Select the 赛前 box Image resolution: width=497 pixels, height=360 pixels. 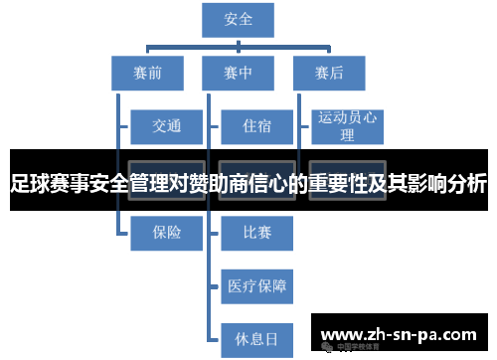148,73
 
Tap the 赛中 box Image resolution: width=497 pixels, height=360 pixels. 239,73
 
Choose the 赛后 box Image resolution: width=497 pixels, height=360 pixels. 329,73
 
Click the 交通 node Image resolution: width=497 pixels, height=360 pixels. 166,126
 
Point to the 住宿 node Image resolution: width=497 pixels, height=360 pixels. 256,126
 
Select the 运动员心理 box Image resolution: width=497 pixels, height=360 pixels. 347,126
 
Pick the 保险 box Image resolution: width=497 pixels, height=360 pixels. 166,233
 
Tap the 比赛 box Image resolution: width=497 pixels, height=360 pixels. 256,233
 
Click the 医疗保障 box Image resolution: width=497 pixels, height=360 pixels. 256,286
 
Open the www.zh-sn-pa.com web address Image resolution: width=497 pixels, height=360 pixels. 402,333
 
